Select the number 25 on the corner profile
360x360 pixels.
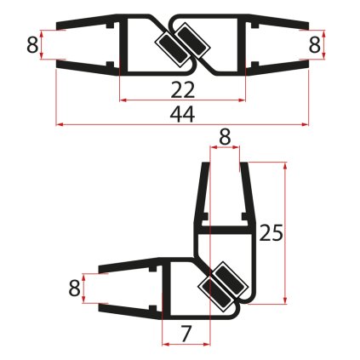click(x=271, y=231)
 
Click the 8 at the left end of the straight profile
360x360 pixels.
click(x=32, y=44)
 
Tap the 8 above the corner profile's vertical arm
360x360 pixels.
click(x=225, y=135)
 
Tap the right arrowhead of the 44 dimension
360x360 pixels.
click(x=306, y=124)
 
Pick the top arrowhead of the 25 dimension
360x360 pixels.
click(x=283, y=162)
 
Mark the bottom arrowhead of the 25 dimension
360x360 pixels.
click(x=283, y=300)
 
